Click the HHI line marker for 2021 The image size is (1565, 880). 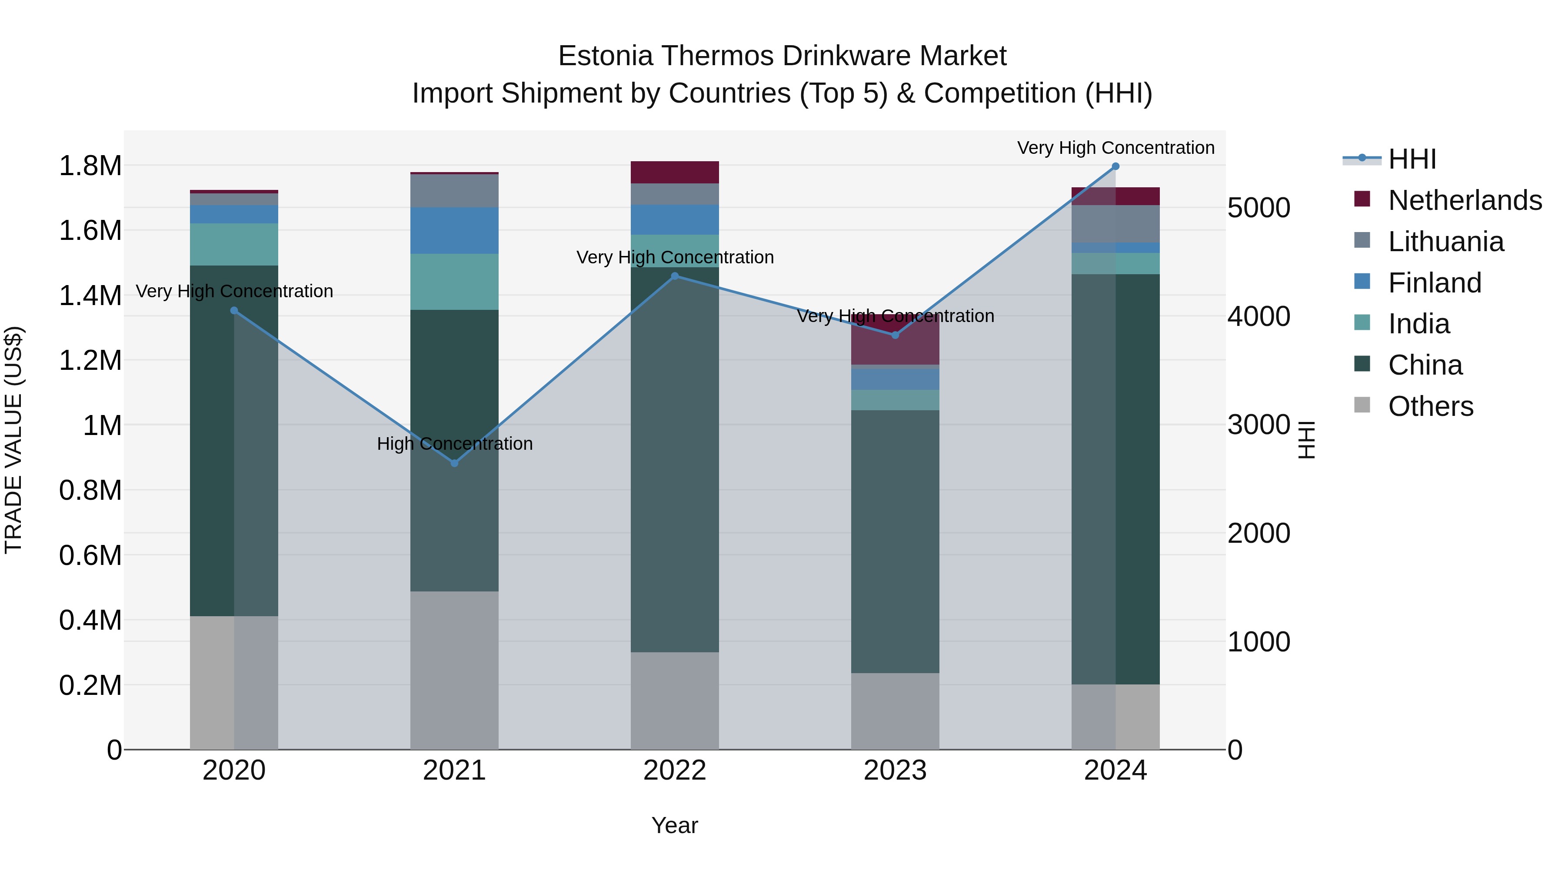pos(454,463)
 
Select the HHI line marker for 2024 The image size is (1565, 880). pos(1115,166)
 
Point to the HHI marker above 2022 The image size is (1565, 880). pos(674,276)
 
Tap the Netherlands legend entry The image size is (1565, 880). pos(1465,200)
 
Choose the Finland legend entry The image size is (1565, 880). pos(1435,283)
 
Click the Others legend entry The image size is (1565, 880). pos(1430,406)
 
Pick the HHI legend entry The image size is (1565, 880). pos(1412,159)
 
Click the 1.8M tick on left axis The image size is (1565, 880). pos(90,166)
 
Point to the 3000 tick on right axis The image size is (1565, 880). pos(1258,425)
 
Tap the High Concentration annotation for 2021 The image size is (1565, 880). pos(454,444)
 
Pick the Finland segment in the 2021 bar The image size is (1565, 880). pos(454,230)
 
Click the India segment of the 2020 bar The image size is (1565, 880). pos(234,244)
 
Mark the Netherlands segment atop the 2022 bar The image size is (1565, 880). pos(674,173)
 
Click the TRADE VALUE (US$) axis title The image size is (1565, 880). pos(13,440)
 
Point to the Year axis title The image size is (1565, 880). pos(674,826)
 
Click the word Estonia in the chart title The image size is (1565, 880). pos(605,56)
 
